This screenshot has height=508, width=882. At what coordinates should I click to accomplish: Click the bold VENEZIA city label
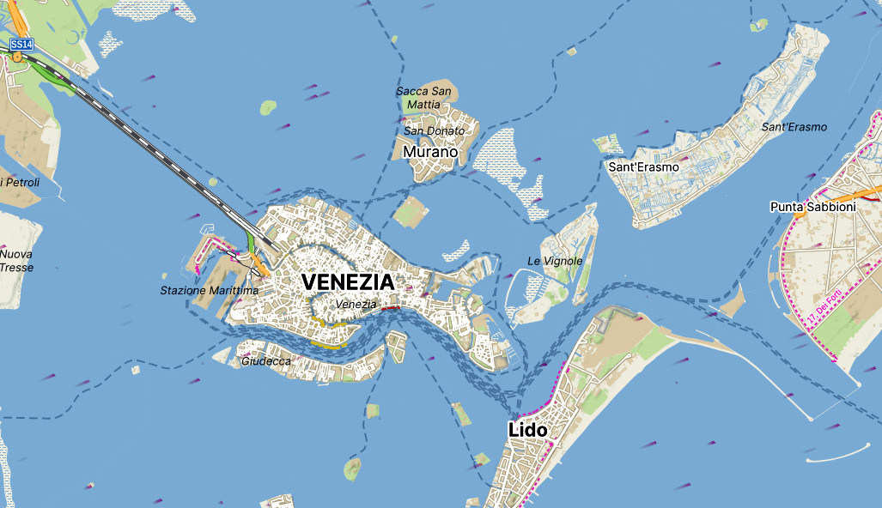pos(348,281)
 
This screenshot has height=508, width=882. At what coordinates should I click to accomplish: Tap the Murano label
pos(430,153)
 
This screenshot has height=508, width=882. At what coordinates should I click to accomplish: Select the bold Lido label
pos(527,429)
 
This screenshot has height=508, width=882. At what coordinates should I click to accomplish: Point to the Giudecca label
pos(265,361)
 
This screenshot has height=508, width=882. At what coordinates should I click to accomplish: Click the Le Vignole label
pos(555,261)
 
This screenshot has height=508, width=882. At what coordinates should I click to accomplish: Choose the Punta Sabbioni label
pos(812,207)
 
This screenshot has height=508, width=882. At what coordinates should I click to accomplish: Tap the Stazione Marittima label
pos(209,291)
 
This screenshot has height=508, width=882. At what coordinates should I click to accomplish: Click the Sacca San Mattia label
pos(423,97)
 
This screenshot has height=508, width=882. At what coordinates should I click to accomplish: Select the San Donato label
pos(434,130)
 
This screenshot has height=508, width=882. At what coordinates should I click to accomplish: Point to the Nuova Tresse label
pos(15,261)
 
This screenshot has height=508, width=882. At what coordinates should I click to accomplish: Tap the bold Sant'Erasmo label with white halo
pos(643,166)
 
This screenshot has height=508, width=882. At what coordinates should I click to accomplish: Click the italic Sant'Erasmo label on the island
pos(794,127)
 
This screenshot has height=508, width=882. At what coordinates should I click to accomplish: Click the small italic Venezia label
pos(356,304)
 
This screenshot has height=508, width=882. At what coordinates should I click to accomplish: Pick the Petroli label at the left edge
pos(17,182)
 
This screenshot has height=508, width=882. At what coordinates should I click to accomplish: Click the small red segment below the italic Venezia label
pos(390,307)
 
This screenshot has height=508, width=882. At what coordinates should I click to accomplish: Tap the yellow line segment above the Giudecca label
pos(327,345)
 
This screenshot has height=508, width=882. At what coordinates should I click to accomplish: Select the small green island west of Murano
pos(269,107)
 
